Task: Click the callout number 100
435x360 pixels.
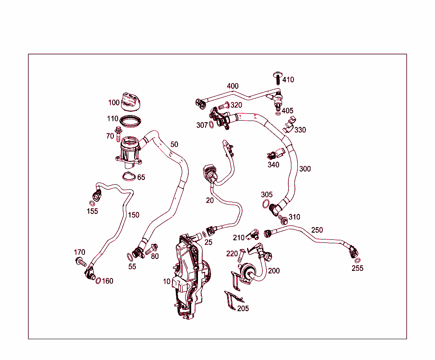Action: click(114, 103)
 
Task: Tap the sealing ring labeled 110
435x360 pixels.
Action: click(130, 121)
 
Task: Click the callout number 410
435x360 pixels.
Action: click(288, 80)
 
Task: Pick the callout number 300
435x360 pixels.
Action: click(305, 169)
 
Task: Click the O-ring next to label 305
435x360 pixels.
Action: click(266, 206)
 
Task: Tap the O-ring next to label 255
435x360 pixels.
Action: click(358, 260)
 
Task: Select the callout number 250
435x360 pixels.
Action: click(317, 230)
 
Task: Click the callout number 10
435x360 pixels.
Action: click(167, 281)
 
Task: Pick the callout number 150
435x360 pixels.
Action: click(133, 215)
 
